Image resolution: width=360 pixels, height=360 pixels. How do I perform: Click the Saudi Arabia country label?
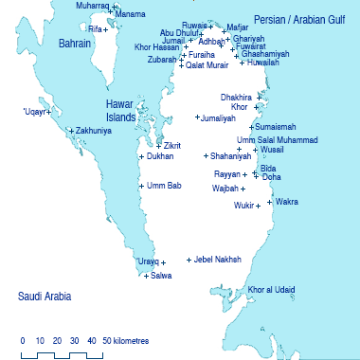(x=45, y=297)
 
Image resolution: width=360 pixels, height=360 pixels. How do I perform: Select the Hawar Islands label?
(x=121, y=110)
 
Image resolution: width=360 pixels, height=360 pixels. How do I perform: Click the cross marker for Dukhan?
(x=141, y=157)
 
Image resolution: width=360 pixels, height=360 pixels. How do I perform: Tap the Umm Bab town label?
(x=162, y=186)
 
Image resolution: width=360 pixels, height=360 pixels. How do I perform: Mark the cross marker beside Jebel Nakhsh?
(x=189, y=260)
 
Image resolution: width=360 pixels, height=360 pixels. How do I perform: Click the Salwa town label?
(x=162, y=276)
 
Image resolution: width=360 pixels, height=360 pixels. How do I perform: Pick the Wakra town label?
(x=286, y=201)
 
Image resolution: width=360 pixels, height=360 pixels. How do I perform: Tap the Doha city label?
(x=271, y=177)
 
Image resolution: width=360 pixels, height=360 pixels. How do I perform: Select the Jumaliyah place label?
(x=218, y=118)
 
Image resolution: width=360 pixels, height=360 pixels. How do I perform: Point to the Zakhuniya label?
(x=93, y=131)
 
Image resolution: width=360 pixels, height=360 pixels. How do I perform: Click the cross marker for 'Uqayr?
(x=48, y=116)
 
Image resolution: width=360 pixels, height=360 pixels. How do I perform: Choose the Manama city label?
(x=130, y=15)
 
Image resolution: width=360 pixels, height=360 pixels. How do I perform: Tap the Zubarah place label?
(x=161, y=59)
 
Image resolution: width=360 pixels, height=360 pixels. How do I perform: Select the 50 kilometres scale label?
(x=125, y=339)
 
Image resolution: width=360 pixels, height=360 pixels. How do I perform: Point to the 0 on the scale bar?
(x=22, y=339)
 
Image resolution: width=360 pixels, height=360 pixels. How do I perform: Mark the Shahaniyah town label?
(x=231, y=155)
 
